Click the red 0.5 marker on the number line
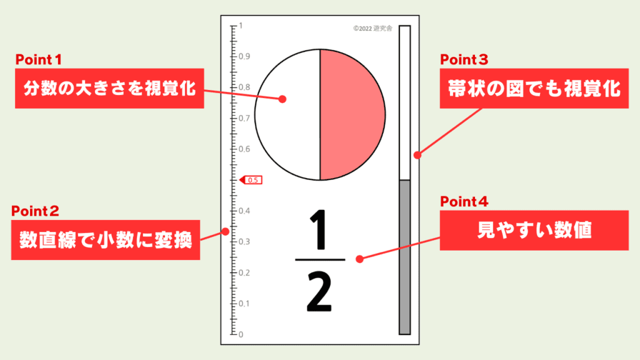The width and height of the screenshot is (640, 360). tap(251, 180)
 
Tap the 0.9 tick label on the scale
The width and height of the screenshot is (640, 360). tap(244, 56)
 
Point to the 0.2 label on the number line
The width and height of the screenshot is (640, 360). tap(244, 272)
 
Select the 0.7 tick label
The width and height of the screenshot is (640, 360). tap(244, 118)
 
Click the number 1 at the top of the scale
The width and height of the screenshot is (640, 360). tap(241, 25)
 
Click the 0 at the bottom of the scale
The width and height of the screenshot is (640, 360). tap(241, 335)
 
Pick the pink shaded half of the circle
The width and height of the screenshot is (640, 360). tap(351, 115)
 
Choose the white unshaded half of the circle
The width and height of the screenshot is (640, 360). tap(288, 115)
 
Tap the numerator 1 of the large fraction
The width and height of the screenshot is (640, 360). tap(319, 229)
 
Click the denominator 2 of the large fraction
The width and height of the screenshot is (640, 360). tap(319, 292)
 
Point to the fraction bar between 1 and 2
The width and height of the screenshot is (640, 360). tap(320, 259)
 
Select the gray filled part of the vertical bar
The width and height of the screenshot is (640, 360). tap(404, 257)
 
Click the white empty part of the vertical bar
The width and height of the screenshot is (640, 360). tap(404, 103)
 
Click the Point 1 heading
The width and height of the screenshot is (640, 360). tap(38, 59)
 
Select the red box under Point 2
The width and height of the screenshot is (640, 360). tap(105, 240)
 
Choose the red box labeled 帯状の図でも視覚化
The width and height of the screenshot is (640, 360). tap(534, 89)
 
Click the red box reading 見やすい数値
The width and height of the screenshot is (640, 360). tap(534, 231)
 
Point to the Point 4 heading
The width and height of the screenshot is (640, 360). tap(464, 202)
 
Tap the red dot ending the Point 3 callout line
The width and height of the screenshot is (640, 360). tap(417, 155)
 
